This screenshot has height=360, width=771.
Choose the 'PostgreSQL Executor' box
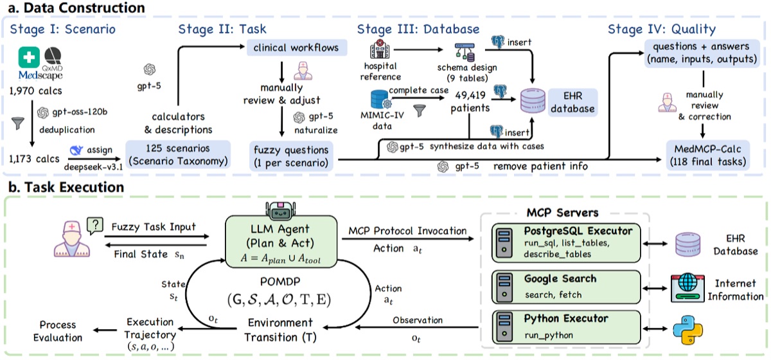pyautogui.click(x=565, y=242)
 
